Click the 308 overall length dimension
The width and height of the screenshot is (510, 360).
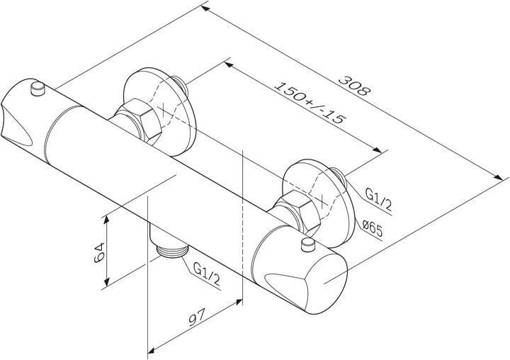coord(354,86)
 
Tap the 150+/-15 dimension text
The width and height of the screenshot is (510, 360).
coord(309,103)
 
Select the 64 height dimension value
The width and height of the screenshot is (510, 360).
coord(99,252)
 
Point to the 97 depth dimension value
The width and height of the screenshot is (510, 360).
coord(197,317)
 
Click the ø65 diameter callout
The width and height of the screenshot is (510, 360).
coord(372,228)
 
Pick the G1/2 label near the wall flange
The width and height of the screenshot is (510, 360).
coord(378,199)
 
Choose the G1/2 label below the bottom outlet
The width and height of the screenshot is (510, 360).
coord(207,273)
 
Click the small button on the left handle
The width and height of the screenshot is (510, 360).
coord(38,89)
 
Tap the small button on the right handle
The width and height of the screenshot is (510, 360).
coord(308,244)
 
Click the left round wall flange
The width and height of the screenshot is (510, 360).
coord(160,112)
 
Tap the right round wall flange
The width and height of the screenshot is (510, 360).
coord(319,203)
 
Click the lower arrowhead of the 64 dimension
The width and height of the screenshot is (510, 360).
coord(106,281)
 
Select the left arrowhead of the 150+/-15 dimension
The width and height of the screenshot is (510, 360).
coord(229,64)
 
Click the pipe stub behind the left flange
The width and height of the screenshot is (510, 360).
coord(179,85)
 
